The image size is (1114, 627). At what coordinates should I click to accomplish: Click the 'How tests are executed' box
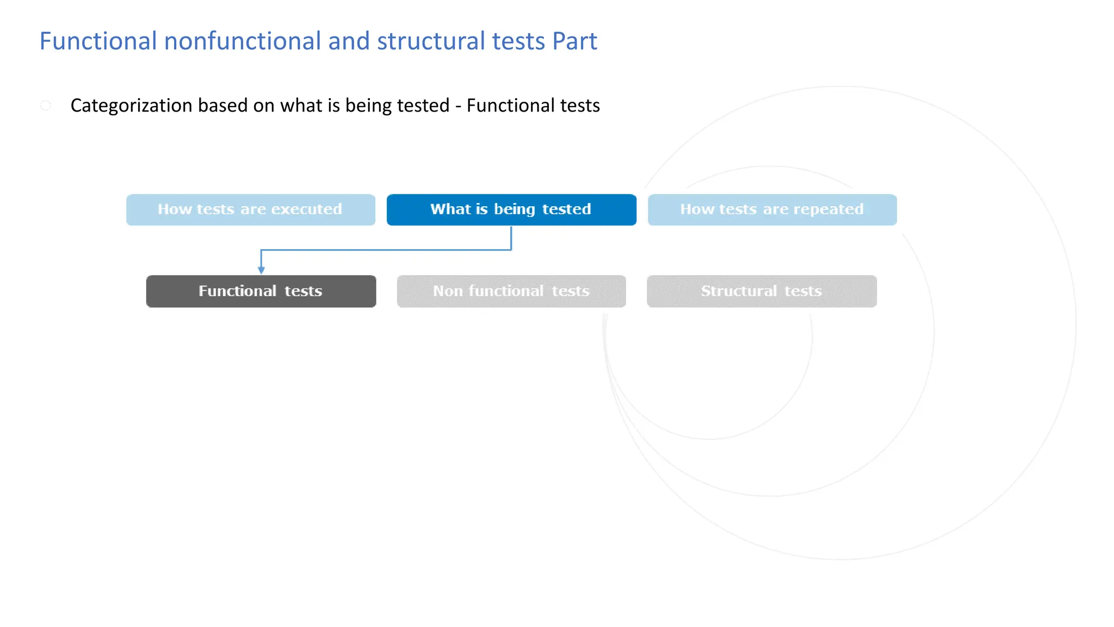[x=250, y=210]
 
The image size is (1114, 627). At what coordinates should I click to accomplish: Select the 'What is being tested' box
[x=511, y=210]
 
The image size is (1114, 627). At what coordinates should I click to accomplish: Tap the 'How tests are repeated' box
[x=772, y=210]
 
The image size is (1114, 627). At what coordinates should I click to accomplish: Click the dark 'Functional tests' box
[x=261, y=291]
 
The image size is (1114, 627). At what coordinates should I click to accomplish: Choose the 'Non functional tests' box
[x=511, y=291]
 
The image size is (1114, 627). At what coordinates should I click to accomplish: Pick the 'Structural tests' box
[x=761, y=291]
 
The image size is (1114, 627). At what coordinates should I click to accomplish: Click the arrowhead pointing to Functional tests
[x=261, y=270]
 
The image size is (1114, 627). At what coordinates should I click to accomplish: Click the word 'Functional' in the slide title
[x=98, y=41]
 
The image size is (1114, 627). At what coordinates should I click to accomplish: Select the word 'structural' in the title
[x=431, y=41]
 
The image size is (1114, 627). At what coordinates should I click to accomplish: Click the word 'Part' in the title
[x=574, y=41]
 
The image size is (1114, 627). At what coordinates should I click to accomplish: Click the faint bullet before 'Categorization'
[x=46, y=105]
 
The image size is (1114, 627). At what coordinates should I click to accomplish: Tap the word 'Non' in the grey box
[x=448, y=291]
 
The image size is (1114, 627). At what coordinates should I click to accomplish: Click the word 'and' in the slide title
[x=349, y=41]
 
